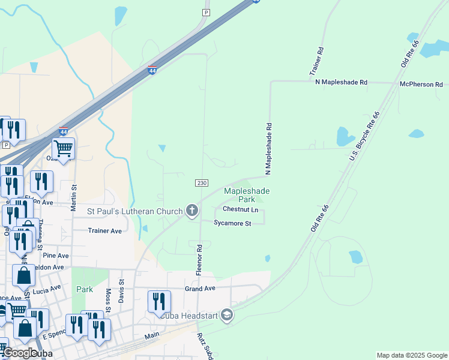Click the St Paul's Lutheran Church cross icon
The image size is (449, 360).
(192, 211)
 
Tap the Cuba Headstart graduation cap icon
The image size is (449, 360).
(226, 314)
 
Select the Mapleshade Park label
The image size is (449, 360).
(247, 195)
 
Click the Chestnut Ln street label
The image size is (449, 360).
(240, 209)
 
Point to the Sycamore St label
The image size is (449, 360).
(232, 223)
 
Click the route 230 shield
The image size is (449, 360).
(201, 182)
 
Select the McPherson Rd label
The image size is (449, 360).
(421, 85)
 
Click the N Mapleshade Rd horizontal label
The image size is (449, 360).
(341, 82)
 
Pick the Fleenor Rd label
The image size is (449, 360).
(199, 259)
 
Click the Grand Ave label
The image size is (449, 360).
(200, 289)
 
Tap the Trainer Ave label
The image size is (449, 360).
(105, 230)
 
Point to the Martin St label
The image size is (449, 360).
(74, 197)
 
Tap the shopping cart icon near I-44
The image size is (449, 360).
(63, 148)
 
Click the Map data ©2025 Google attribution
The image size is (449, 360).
(412, 355)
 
